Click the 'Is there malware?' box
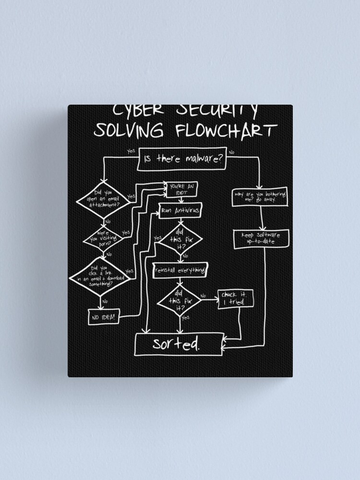183,159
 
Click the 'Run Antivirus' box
179,210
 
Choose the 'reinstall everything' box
180,271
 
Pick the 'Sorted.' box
177,344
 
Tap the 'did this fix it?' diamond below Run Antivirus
180,239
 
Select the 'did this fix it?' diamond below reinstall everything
179,300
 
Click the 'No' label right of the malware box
232,152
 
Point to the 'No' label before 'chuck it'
203,296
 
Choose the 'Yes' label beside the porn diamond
126,233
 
